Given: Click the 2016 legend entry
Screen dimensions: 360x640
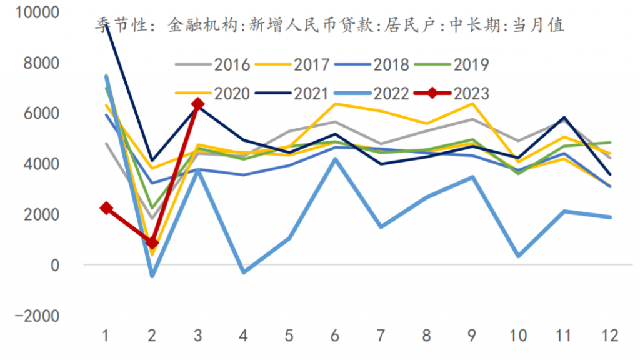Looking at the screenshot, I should pyautogui.click(x=212, y=64).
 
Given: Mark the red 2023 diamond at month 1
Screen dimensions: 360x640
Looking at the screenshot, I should pyautogui.click(x=107, y=208).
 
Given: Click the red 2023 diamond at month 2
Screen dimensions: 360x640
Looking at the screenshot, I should pyautogui.click(x=152, y=242).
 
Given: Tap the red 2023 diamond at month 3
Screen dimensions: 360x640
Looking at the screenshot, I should pyautogui.click(x=198, y=104).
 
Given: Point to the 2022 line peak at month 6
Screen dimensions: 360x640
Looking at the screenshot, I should pyautogui.click(x=335, y=159).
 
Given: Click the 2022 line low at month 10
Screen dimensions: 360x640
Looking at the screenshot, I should pyautogui.click(x=518, y=256).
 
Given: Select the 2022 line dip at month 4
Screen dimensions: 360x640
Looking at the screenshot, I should pyautogui.click(x=244, y=272).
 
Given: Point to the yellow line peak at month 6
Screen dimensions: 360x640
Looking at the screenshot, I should pyautogui.click(x=335, y=104).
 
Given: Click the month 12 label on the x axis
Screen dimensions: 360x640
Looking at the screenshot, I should pyautogui.click(x=609, y=336).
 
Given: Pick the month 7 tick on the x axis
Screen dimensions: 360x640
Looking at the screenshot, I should pyautogui.click(x=381, y=336).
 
